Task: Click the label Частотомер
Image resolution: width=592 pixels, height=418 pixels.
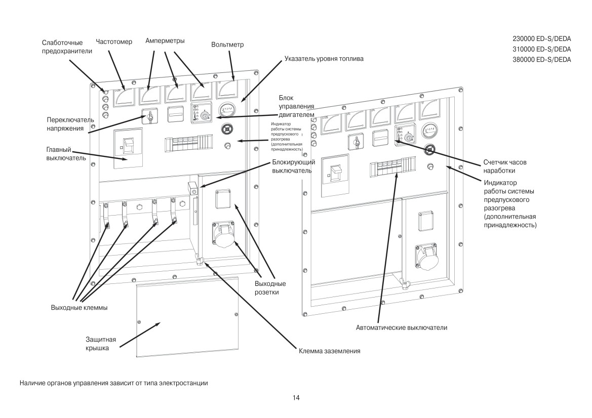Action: point(113,42)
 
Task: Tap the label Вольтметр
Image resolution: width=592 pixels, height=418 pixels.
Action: point(227,45)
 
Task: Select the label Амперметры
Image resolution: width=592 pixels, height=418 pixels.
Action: point(165,41)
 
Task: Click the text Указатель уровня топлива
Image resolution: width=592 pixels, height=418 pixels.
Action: point(324,59)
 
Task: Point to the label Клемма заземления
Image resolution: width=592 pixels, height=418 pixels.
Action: point(330,351)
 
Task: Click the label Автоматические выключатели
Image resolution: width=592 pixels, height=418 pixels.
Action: point(402,328)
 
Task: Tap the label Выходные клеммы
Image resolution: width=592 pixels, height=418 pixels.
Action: point(80,308)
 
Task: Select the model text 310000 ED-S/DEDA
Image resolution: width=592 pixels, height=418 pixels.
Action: point(542,49)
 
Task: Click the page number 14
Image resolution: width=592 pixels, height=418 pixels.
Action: point(296,398)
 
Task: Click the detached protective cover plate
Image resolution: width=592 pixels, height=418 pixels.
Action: point(187,316)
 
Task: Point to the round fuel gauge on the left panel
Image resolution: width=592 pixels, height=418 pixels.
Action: point(227,110)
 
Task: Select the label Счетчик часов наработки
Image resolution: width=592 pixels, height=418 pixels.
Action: point(505,166)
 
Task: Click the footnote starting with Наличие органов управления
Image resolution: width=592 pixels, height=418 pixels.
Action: point(113,383)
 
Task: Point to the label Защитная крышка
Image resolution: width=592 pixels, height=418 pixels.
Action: point(101,344)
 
